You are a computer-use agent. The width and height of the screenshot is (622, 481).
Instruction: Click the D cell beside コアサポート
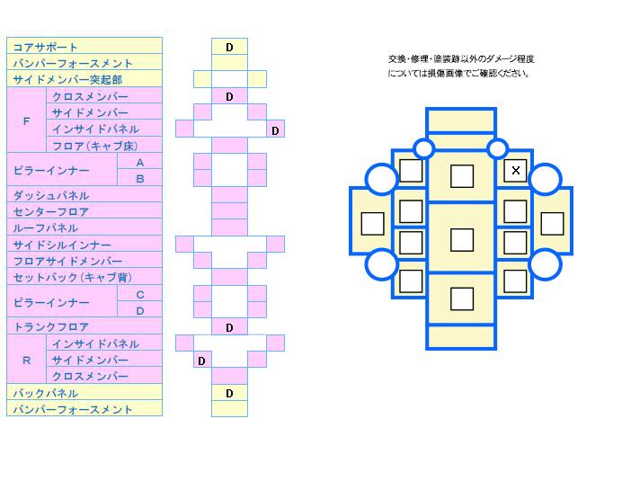tap(229, 47)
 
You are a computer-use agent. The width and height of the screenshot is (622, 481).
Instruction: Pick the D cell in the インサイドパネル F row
tap(275, 130)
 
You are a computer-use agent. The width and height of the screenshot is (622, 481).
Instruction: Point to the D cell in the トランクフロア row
tap(229, 328)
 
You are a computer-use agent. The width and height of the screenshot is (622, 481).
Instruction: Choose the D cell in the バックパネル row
tap(229, 393)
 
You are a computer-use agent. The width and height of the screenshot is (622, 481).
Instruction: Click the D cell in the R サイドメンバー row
tap(202, 361)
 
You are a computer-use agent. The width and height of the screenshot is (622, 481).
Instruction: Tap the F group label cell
tap(26, 120)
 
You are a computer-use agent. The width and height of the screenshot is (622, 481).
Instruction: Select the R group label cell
tap(26, 361)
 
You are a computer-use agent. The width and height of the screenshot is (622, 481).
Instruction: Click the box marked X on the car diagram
tap(515, 170)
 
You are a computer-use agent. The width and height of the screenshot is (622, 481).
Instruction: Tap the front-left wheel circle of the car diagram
tap(381, 180)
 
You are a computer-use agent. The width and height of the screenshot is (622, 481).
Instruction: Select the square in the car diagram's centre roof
tap(461, 239)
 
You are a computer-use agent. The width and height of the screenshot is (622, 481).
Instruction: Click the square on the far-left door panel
tap(372, 222)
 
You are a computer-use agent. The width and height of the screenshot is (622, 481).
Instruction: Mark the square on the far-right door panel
tap(551, 222)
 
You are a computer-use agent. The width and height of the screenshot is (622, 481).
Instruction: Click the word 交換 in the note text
tap(396, 58)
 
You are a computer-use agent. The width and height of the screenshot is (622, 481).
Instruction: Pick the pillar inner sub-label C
tap(139, 294)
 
